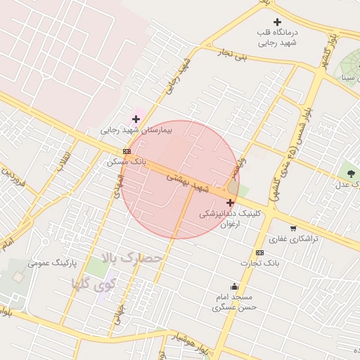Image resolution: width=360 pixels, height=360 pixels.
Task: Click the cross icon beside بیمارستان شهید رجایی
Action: tap(136, 119)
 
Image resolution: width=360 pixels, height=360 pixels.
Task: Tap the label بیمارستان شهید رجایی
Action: tap(136, 130)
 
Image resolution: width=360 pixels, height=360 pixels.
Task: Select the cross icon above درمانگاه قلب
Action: tap(278, 22)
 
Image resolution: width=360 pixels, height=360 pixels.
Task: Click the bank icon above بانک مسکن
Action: tap(127, 151)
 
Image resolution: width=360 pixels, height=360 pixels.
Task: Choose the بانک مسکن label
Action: tap(127, 161)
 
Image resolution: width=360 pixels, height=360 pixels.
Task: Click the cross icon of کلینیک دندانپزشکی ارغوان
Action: tap(230, 202)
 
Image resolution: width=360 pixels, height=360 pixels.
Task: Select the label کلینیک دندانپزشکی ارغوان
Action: tap(229, 219)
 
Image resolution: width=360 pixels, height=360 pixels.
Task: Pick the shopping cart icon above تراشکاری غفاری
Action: tap(293, 229)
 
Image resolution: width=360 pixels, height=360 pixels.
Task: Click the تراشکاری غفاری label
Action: tap(293, 239)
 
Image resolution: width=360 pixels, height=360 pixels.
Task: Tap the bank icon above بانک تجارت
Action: tap(260, 252)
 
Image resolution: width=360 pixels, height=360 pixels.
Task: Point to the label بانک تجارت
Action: tap(259, 263)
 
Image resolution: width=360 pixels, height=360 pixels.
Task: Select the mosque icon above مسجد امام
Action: tap(235, 286)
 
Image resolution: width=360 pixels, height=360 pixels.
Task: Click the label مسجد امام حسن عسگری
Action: tap(235, 302)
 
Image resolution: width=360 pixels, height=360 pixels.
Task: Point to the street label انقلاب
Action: tap(65, 157)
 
